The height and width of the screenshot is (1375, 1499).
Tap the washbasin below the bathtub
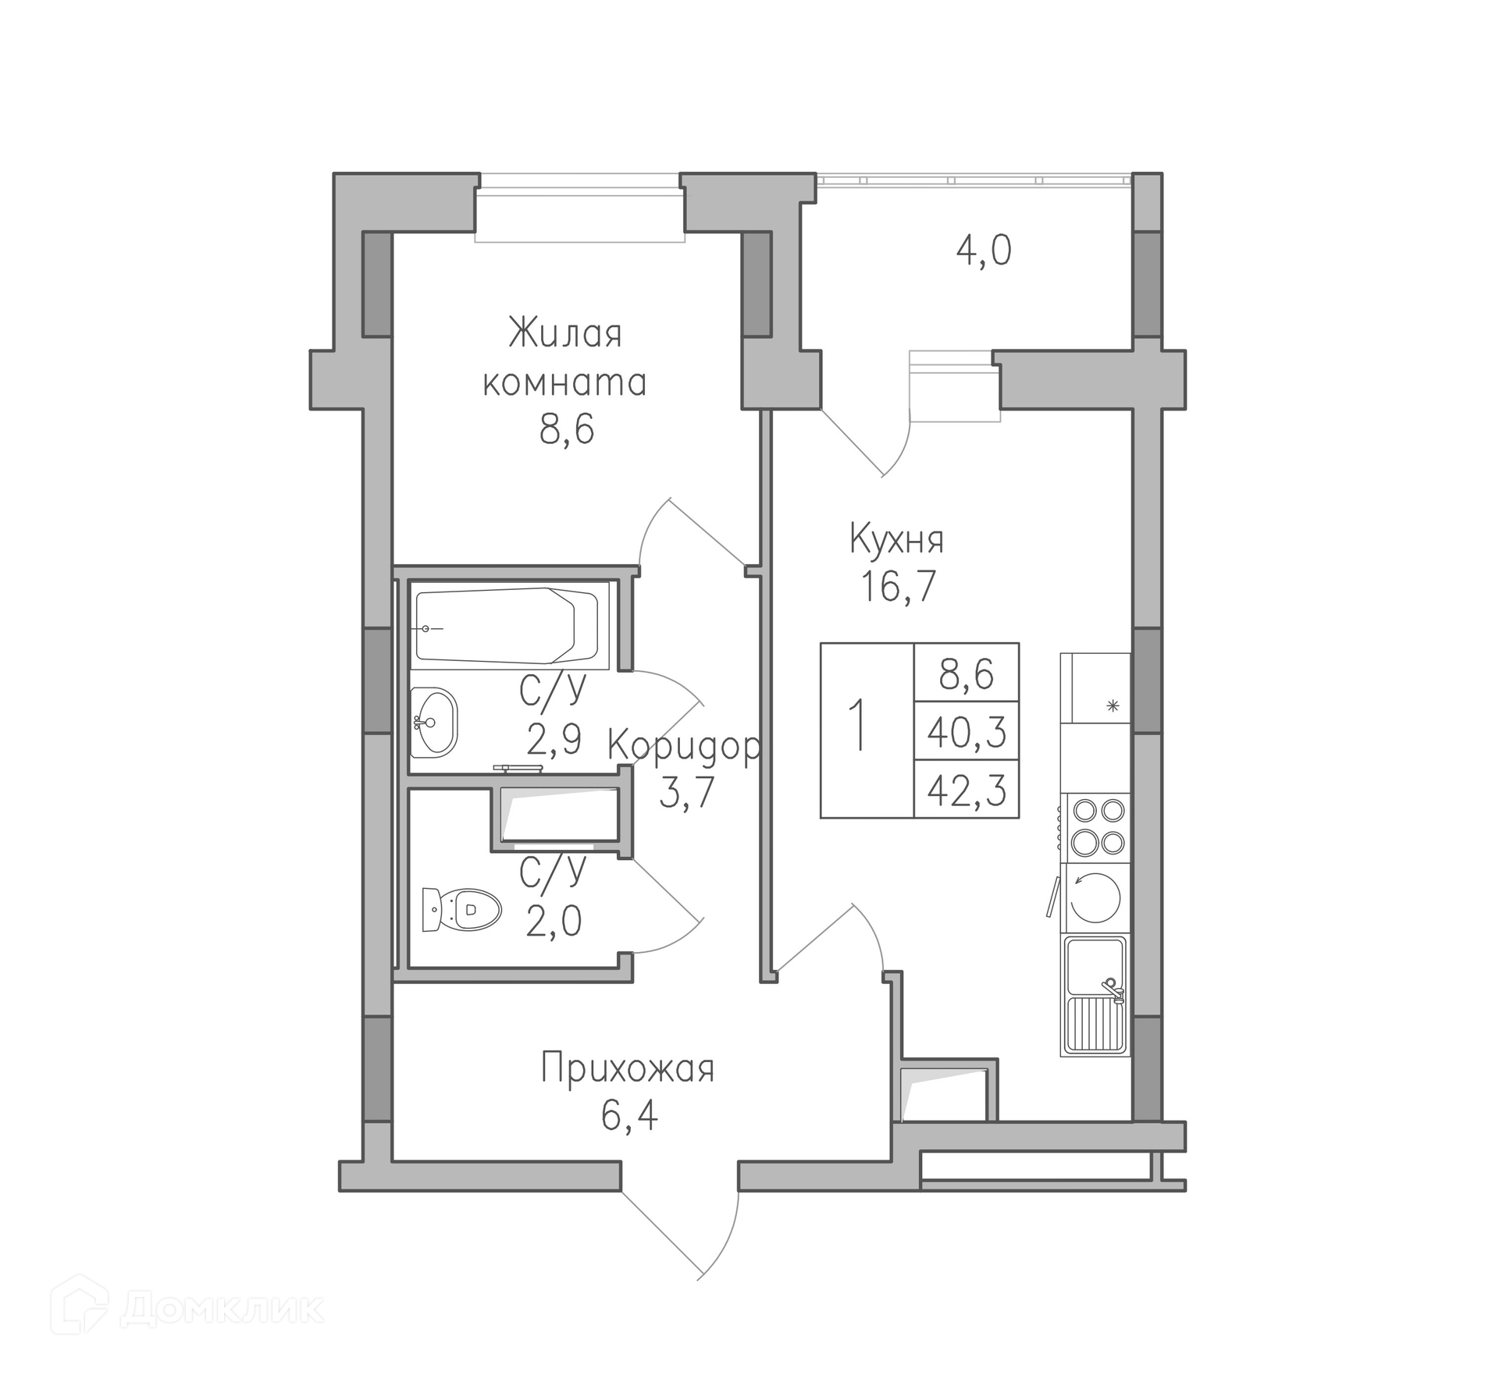click(x=434, y=722)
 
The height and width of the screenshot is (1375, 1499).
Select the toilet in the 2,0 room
click(x=461, y=909)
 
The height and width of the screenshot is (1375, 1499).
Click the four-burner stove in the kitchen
click(x=1096, y=828)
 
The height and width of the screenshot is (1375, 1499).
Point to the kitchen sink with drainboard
click(x=1095, y=995)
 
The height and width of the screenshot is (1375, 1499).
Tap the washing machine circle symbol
click(x=1095, y=898)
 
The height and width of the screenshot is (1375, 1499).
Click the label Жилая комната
click(x=564, y=358)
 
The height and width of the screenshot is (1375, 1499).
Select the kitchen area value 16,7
click(x=898, y=586)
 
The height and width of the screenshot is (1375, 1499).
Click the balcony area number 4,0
click(x=984, y=251)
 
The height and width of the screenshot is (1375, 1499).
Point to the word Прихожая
click(x=628, y=1069)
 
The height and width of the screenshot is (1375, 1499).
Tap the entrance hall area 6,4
click(x=629, y=1116)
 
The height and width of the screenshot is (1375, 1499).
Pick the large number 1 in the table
click(x=859, y=725)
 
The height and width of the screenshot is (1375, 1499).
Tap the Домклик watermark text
click(x=223, y=1309)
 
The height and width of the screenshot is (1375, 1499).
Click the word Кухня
click(x=897, y=540)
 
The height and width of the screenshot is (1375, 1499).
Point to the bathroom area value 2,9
click(x=554, y=739)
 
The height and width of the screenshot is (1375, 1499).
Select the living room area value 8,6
click(x=567, y=429)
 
